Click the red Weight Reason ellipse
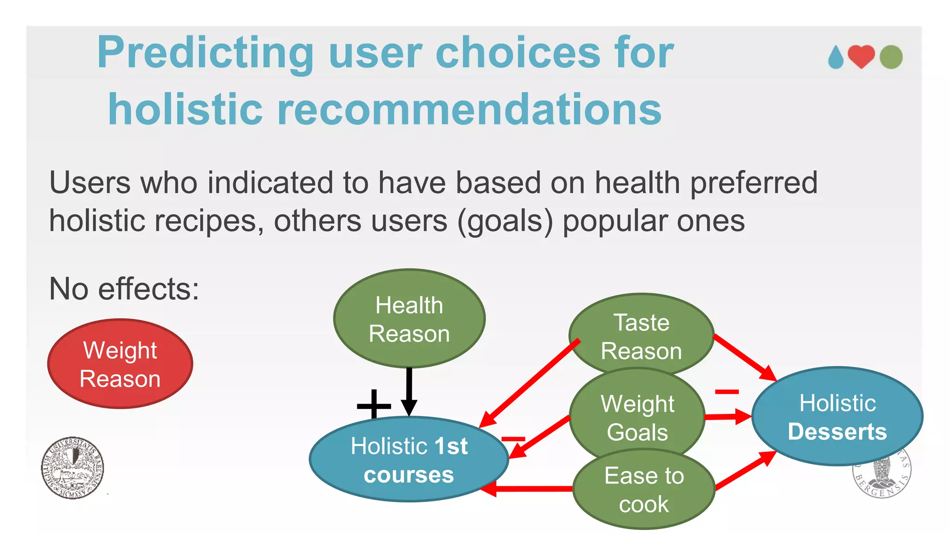coord(120,364)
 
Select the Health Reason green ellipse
coord(409,319)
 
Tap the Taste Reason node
coord(641,336)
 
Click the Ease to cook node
coord(644,490)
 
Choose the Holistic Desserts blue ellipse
coord(837,417)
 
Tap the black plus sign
coord(374,406)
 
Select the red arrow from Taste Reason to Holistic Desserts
coord(744,357)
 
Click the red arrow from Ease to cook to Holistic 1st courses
coord(528,489)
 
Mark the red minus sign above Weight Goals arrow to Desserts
coord(727,392)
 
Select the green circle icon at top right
coord(891,57)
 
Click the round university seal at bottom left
coord(72,468)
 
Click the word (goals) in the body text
coord(505,221)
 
